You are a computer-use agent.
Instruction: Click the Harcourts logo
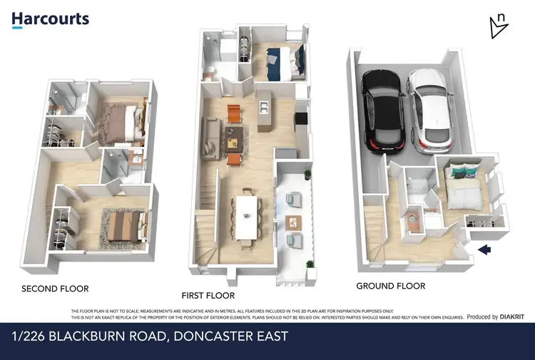tap(50, 19)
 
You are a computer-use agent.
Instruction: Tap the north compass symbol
tap(499, 26)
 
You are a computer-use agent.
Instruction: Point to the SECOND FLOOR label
tap(55, 289)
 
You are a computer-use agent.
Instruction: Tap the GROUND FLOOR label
tap(390, 286)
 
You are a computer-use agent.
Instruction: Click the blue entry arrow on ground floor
tap(487, 250)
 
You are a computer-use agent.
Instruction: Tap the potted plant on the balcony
tap(307, 175)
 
